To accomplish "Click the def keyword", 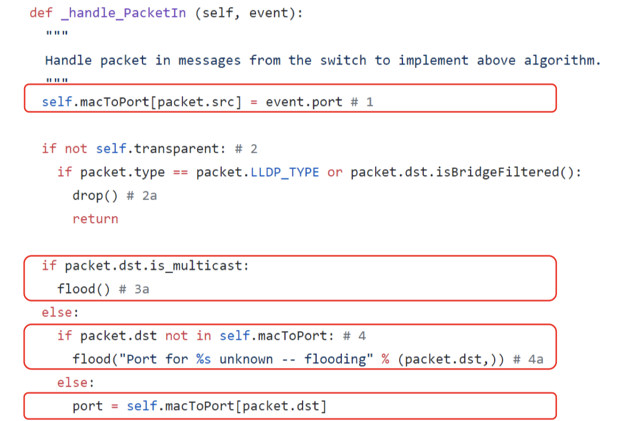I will (x=41, y=13).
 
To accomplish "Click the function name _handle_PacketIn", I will (x=123, y=13).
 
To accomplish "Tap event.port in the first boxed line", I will (x=304, y=102).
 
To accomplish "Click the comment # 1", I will (x=363, y=102).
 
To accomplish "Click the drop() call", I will (x=95, y=196).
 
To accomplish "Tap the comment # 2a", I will (x=141, y=196).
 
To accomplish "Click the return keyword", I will (x=95, y=219).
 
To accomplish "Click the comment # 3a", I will (x=134, y=290).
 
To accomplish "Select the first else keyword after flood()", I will (x=57, y=313).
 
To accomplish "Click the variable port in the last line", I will (x=87, y=406).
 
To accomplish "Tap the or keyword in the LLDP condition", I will (x=335, y=172).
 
